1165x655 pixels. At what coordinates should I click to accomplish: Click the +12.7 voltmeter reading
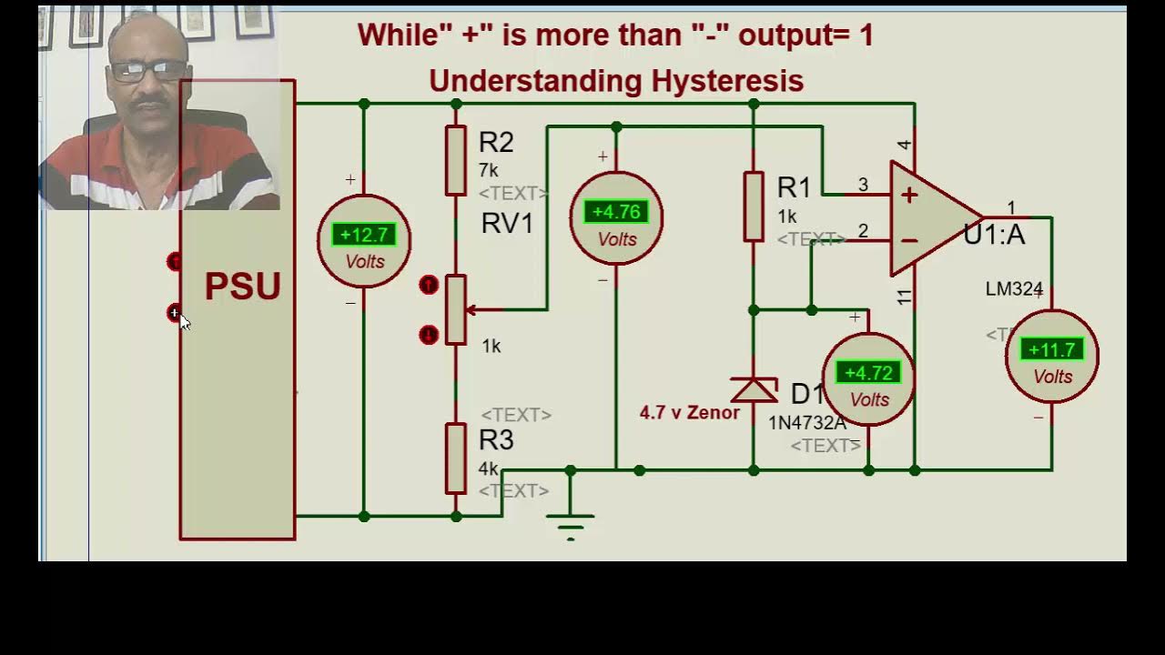[x=364, y=235]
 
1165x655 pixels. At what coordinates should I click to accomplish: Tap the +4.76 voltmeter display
[x=616, y=212]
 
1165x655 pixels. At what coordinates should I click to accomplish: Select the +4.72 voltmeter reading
[x=868, y=373]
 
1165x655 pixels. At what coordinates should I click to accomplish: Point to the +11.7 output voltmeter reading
[x=1051, y=350]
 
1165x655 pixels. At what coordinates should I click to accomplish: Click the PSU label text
[x=242, y=287]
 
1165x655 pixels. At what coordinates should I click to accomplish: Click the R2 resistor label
[x=496, y=143]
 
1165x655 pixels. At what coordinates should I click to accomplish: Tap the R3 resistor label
[x=496, y=440]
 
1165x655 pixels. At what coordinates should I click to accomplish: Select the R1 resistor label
[x=794, y=188]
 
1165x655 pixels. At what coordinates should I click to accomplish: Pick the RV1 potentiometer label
[x=507, y=224]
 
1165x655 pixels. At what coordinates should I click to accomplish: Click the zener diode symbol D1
[x=754, y=389]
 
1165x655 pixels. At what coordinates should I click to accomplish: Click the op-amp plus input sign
[x=909, y=195]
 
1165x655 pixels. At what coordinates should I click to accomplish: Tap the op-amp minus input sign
[x=908, y=241]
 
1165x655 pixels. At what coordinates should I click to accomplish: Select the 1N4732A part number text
[x=807, y=423]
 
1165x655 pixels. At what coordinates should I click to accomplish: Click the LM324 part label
[x=1014, y=289]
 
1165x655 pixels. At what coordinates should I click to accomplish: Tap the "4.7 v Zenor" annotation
[x=689, y=413]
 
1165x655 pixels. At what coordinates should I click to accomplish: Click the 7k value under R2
[x=489, y=170]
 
